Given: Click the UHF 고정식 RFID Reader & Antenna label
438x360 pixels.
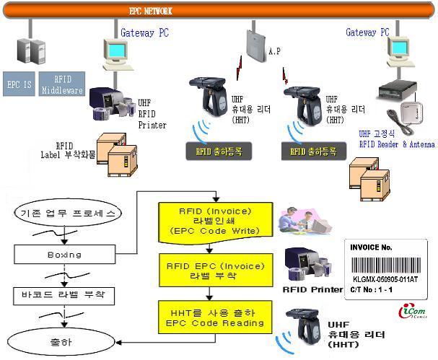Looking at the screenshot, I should click(396, 139).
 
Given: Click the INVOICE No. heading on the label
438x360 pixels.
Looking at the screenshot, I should click(370, 247).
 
